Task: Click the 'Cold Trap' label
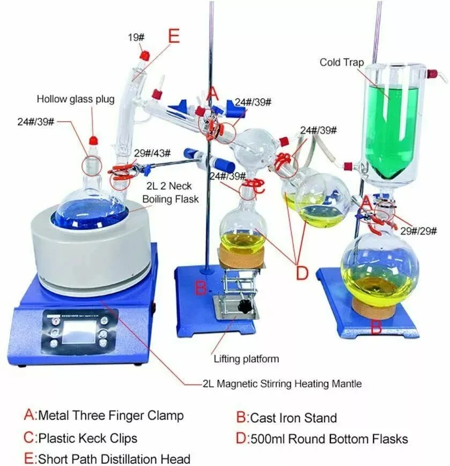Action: (x=342, y=62)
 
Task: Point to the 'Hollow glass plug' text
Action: (x=75, y=99)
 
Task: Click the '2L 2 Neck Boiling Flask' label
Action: (x=171, y=193)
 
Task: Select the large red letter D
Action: (x=303, y=272)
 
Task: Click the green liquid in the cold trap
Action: (x=394, y=129)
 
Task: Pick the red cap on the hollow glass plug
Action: (x=93, y=140)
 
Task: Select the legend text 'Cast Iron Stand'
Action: (x=294, y=418)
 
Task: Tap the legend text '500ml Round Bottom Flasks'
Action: (x=329, y=438)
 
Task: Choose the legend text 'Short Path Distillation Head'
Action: (x=113, y=458)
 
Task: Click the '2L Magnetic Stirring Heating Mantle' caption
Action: (x=282, y=383)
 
